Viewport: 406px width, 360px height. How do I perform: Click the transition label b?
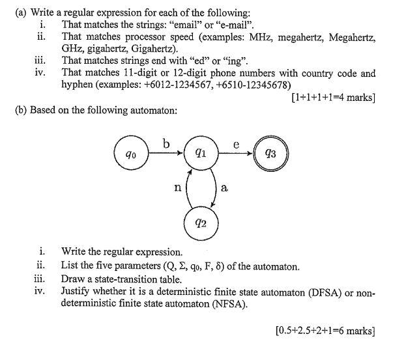167,141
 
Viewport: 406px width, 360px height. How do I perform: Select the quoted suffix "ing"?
235,62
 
